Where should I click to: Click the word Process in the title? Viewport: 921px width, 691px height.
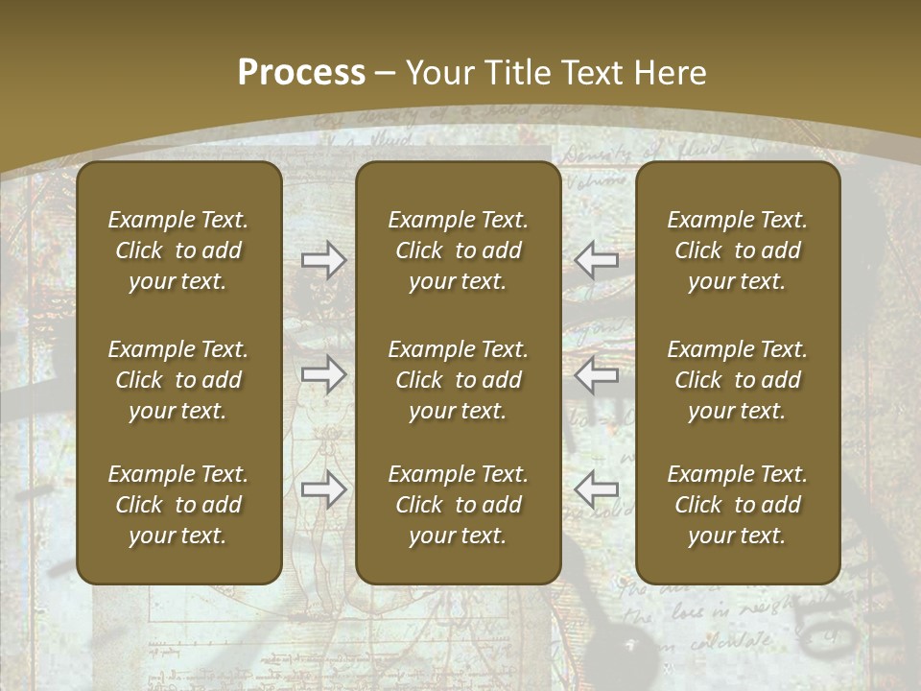(x=301, y=73)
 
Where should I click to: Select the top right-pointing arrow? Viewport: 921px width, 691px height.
(x=323, y=260)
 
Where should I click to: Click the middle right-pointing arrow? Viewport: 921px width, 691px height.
(x=323, y=374)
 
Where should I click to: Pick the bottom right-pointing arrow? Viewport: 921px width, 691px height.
(x=323, y=489)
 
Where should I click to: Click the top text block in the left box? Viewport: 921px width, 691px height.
(x=178, y=250)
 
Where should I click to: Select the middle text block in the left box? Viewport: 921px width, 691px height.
(x=178, y=380)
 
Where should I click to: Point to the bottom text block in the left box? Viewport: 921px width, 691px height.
(x=178, y=505)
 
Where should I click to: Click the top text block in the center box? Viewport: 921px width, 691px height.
(x=459, y=250)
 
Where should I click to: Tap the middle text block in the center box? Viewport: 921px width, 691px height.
(x=459, y=380)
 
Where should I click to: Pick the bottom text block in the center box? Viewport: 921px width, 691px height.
(x=459, y=505)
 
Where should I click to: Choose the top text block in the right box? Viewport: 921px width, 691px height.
(x=738, y=250)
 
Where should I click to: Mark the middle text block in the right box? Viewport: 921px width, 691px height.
(x=738, y=380)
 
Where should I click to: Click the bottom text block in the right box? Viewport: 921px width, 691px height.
(x=738, y=505)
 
